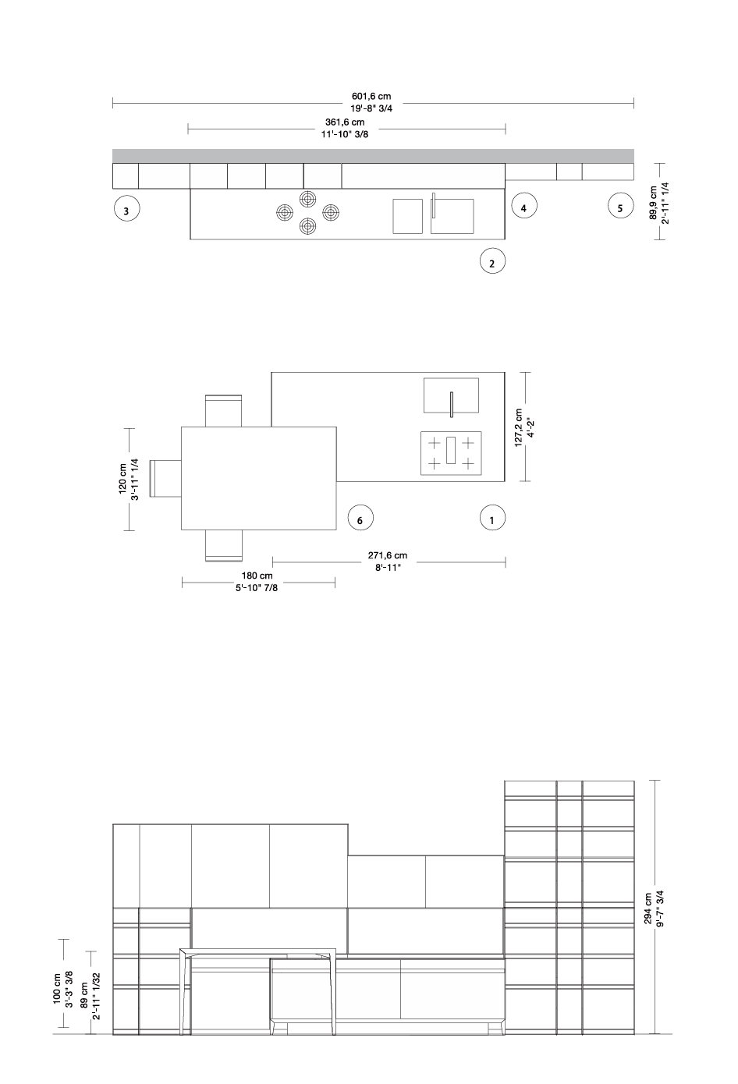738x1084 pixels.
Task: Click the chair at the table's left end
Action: (165, 479)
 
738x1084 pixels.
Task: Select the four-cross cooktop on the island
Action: (451, 453)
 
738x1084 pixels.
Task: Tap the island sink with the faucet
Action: (452, 396)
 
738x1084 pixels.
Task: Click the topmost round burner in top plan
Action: (308, 199)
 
